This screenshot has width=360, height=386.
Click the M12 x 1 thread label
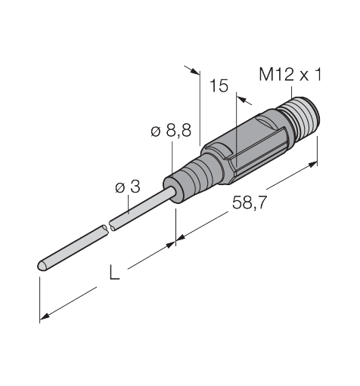click(290, 75)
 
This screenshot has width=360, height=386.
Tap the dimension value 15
click(219, 86)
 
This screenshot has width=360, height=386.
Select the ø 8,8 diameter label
click(171, 131)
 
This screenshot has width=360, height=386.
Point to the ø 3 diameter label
click(128, 187)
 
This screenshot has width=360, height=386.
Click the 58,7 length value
click(249, 202)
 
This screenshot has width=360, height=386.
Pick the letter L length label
click(114, 272)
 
